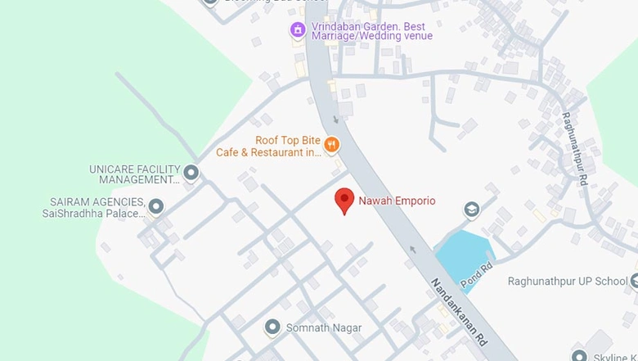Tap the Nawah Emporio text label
397,201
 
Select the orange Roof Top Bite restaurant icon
331,146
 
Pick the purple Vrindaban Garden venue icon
298,30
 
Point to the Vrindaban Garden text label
371,30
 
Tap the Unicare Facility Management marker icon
191,173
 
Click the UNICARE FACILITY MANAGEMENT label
134,174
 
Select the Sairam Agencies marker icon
155,205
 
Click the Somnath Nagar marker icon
272,327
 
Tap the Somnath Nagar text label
323,328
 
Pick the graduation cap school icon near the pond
471,210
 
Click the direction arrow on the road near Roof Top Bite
336,120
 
